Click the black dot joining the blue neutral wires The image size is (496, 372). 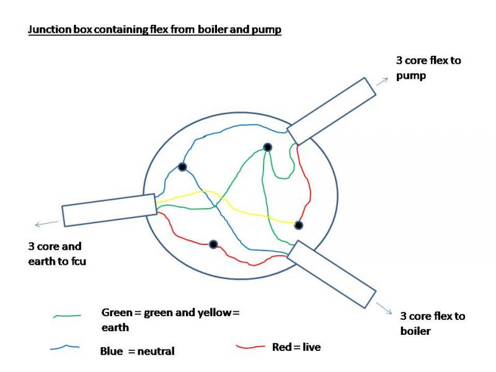tap(182, 167)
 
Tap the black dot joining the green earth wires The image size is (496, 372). tap(268, 147)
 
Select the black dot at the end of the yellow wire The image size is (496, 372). tap(298, 225)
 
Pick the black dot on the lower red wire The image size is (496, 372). tap(213, 244)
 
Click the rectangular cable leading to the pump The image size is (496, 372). tap(331, 111)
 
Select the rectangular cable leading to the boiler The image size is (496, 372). tap(331, 274)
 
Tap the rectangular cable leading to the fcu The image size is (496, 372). tap(110, 210)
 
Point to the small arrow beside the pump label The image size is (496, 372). tap(382, 82)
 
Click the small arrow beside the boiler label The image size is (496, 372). tap(384, 308)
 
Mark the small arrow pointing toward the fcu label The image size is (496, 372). tap(46, 224)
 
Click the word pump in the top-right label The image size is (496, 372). tap(411, 76)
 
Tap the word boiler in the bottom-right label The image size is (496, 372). tap(415, 331)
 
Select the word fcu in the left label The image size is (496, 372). tap(78, 261)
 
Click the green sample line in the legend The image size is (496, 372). tap(67, 316)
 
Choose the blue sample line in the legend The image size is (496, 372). tap(65, 347)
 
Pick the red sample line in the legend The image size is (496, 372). tap(250, 347)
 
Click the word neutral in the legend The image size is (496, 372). tap(156, 351)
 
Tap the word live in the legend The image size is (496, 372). tap(312, 347)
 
